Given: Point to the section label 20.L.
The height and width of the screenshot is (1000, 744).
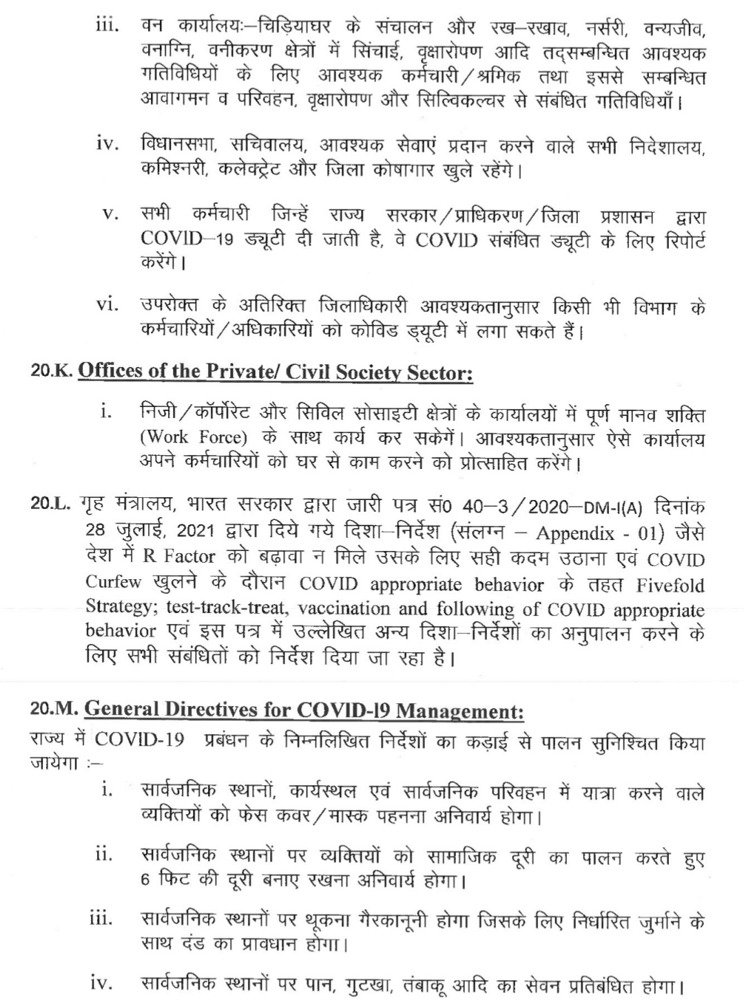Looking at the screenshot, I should pyautogui.click(x=52, y=506).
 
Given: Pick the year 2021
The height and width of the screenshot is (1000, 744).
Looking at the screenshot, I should pyautogui.click(x=197, y=532).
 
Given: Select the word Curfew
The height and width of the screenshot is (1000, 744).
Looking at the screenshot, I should pyautogui.click(x=113, y=583).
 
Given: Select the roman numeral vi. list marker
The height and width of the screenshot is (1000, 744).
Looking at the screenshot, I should pyautogui.click(x=108, y=304).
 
